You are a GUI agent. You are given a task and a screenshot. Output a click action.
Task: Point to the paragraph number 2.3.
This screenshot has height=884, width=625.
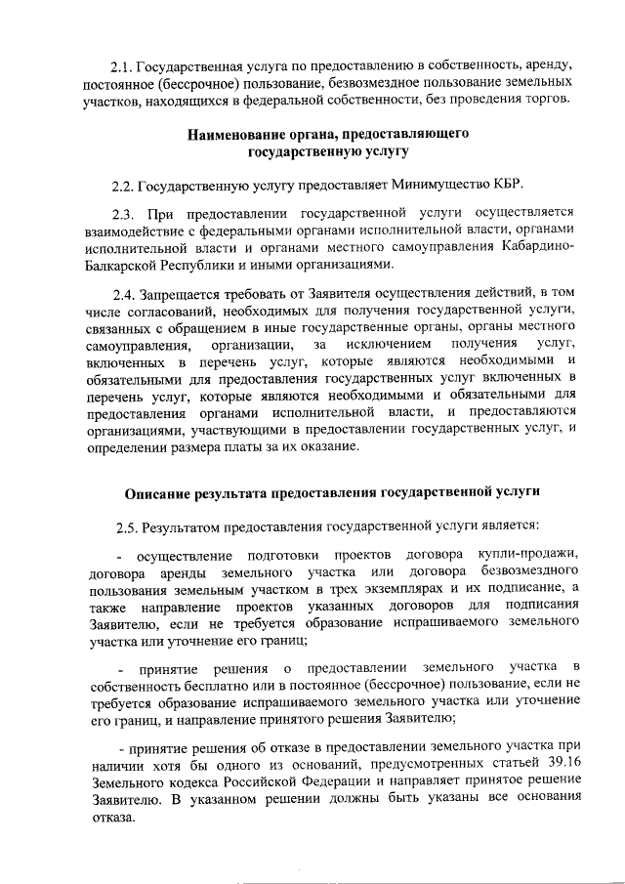[x=126, y=213]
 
